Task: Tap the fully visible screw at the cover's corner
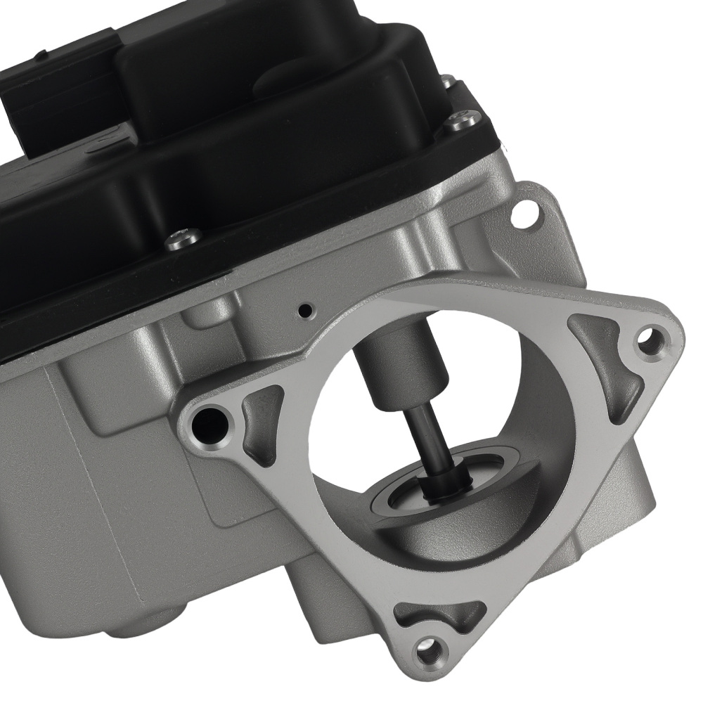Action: tap(462, 120)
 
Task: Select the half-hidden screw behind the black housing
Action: tap(448, 83)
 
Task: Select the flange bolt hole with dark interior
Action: tap(211, 422)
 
